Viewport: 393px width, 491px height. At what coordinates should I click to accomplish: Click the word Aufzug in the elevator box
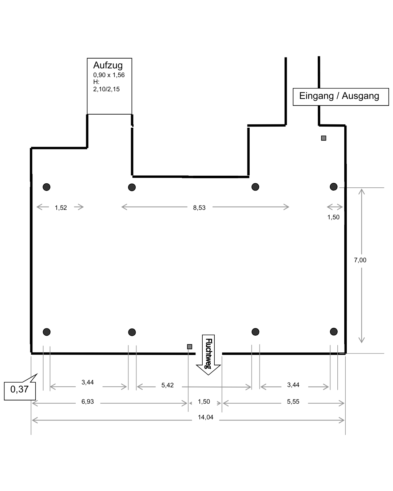click(x=108, y=65)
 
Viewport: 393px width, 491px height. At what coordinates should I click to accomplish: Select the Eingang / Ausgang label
click(x=339, y=96)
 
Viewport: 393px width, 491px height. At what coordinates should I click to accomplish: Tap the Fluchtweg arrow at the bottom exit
click(x=209, y=355)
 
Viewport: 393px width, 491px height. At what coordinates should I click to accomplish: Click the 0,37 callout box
click(x=20, y=390)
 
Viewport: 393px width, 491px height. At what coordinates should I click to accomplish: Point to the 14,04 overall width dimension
click(x=206, y=418)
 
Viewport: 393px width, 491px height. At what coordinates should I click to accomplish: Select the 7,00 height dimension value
click(x=360, y=260)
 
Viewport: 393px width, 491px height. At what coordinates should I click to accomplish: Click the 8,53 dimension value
click(x=199, y=208)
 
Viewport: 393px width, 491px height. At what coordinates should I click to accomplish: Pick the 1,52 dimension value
click(x=61, y=208)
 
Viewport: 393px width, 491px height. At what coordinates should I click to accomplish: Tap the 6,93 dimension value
click(x=87, y=402)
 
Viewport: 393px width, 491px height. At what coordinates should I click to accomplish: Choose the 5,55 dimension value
click(x=293, y=402)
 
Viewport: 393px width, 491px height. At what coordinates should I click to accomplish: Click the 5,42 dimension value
click(x=167, y=385)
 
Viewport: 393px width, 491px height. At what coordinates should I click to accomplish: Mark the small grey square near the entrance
click(x=323, y=138)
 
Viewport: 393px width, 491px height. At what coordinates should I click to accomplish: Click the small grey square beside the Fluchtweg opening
click(x=190, y=347)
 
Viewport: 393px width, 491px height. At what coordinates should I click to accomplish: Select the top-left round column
click(x=46, y=187)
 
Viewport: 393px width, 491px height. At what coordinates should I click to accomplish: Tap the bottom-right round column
click(x=334, y=332)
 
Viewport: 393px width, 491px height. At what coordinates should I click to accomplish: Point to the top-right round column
click(x=334, y=187)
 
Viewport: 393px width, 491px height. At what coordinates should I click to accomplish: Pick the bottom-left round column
click(x=47, y=332)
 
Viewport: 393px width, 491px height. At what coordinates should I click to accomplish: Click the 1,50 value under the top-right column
click(x=333, y=217)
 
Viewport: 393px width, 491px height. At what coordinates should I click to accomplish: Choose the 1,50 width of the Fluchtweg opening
click(x=204, y=402)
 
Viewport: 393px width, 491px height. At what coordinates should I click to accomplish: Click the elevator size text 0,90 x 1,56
click(x=109, y=75)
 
